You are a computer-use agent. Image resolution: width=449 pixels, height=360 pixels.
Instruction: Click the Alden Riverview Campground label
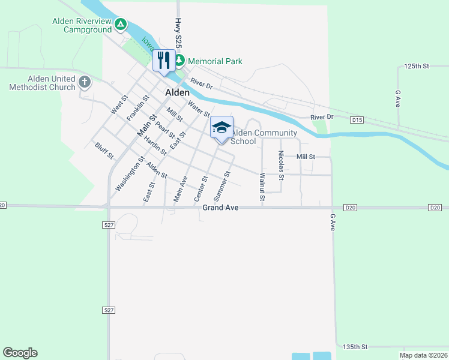pos(82,25)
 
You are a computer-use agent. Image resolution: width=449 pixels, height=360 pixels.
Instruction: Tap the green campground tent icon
pos(121,25)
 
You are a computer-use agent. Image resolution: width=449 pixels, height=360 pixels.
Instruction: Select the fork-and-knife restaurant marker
pos(163,60)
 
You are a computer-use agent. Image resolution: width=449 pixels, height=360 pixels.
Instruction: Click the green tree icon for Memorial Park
pos(179,61)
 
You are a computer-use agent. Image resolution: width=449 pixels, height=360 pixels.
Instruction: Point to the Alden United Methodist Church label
pos(43,83)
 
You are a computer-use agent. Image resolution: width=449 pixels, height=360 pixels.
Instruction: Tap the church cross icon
pos(85,82)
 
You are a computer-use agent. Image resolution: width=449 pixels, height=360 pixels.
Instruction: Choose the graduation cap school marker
pos(221,127)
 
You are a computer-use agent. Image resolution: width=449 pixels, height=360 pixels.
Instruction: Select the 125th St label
pos(417,65)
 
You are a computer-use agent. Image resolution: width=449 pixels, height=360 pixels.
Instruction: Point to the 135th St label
pos(354,347)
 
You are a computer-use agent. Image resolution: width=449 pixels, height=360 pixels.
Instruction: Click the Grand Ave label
pos(220,208)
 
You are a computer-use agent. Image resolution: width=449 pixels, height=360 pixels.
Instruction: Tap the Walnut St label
pos(262,187)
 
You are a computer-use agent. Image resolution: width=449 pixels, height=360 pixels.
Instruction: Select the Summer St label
pos(221,185)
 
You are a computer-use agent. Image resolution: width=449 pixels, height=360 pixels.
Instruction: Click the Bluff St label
pos(104,151)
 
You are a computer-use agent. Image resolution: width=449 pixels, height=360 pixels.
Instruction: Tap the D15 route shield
pos(357,120)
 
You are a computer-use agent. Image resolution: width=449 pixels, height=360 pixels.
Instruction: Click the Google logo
pos(20,353)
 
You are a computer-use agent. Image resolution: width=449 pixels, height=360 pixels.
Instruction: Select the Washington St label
pos(130,175)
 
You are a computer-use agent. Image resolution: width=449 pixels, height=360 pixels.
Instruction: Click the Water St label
pos(198,109)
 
